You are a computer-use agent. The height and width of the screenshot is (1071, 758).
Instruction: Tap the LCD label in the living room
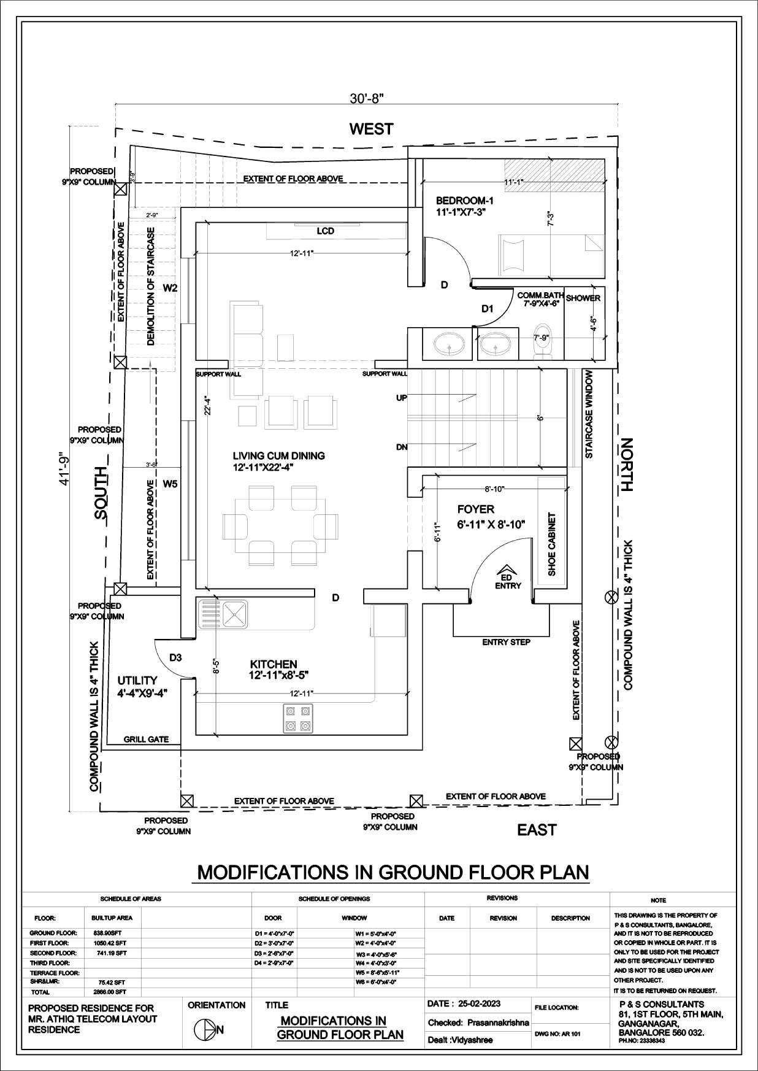pos(326,231)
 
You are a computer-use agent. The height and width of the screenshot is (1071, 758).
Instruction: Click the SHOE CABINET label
pos(551,544)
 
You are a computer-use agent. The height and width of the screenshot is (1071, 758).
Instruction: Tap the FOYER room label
pos(475,509)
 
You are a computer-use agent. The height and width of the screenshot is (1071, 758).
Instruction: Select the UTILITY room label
pos(137,680)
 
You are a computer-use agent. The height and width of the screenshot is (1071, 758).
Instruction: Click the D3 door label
pos(175,657)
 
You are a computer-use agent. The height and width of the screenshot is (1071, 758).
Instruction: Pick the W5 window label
pos(170,484)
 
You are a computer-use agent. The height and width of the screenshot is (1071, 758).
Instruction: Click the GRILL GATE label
pos(146,739)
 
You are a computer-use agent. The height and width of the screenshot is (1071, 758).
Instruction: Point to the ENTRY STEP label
pos(506,642)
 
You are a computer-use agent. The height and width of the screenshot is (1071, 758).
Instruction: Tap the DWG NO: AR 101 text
pos(557,1034)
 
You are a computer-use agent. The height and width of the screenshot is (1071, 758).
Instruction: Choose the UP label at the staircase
pos(402,398)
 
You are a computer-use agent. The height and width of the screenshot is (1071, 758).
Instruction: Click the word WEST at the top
pos(371,129)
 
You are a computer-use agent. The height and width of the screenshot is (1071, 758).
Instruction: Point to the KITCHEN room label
pos(274,664)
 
